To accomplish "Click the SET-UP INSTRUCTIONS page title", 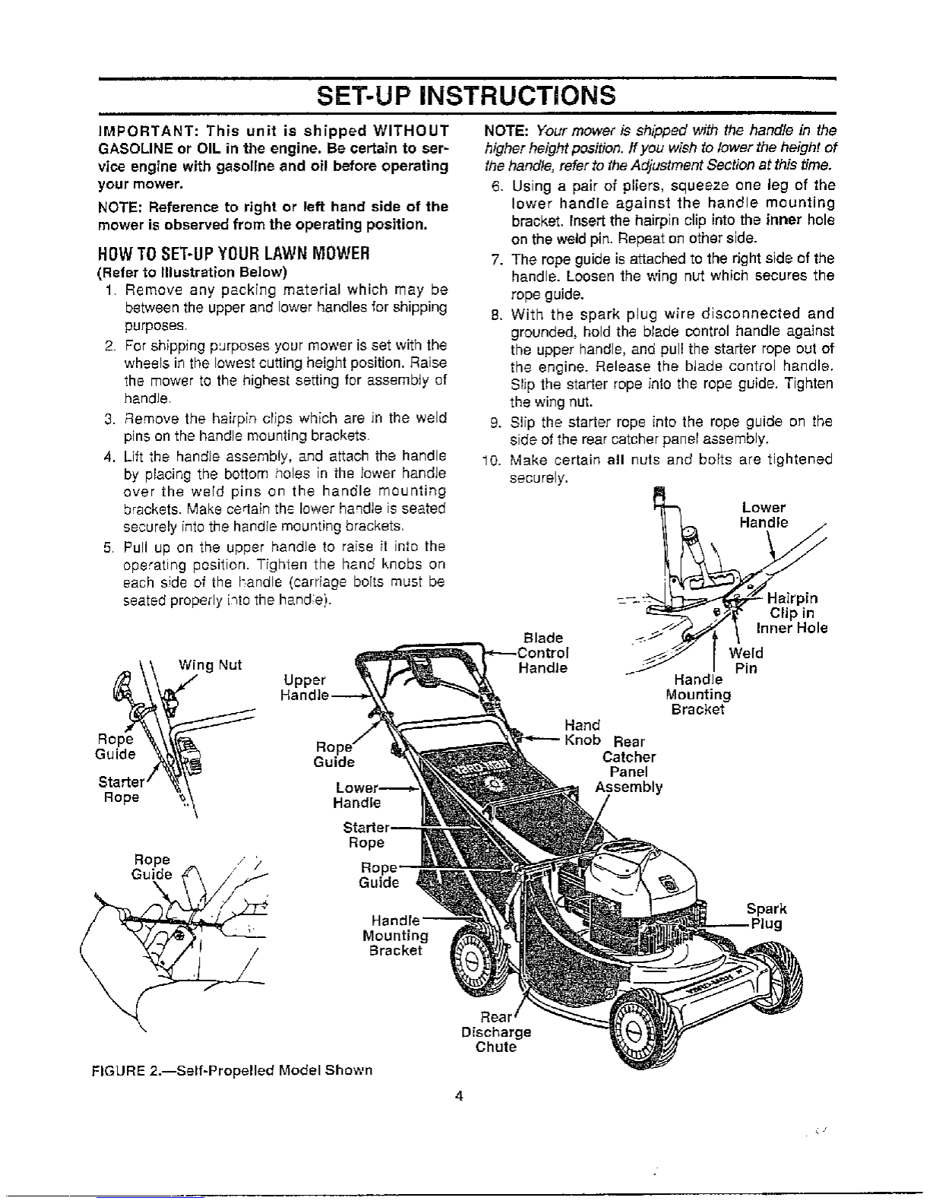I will [x=465, y=96].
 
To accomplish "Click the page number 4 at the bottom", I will [x=459, y=1095].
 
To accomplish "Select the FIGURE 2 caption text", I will [x=232, y=1070].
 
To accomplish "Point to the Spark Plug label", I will [x=766, y=917].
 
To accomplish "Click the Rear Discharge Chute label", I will [x=495, y=1032].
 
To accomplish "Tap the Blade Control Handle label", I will [x=542, y=653].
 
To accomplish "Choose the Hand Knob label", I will [x=582, y=733].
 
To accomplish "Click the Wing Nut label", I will [x=210, y=665].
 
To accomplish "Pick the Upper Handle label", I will [x=304, y=687].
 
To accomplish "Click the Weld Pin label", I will [x=745, y=661].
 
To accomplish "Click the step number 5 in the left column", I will [x=108, y=547].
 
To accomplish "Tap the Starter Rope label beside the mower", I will [x=366, y=835].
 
